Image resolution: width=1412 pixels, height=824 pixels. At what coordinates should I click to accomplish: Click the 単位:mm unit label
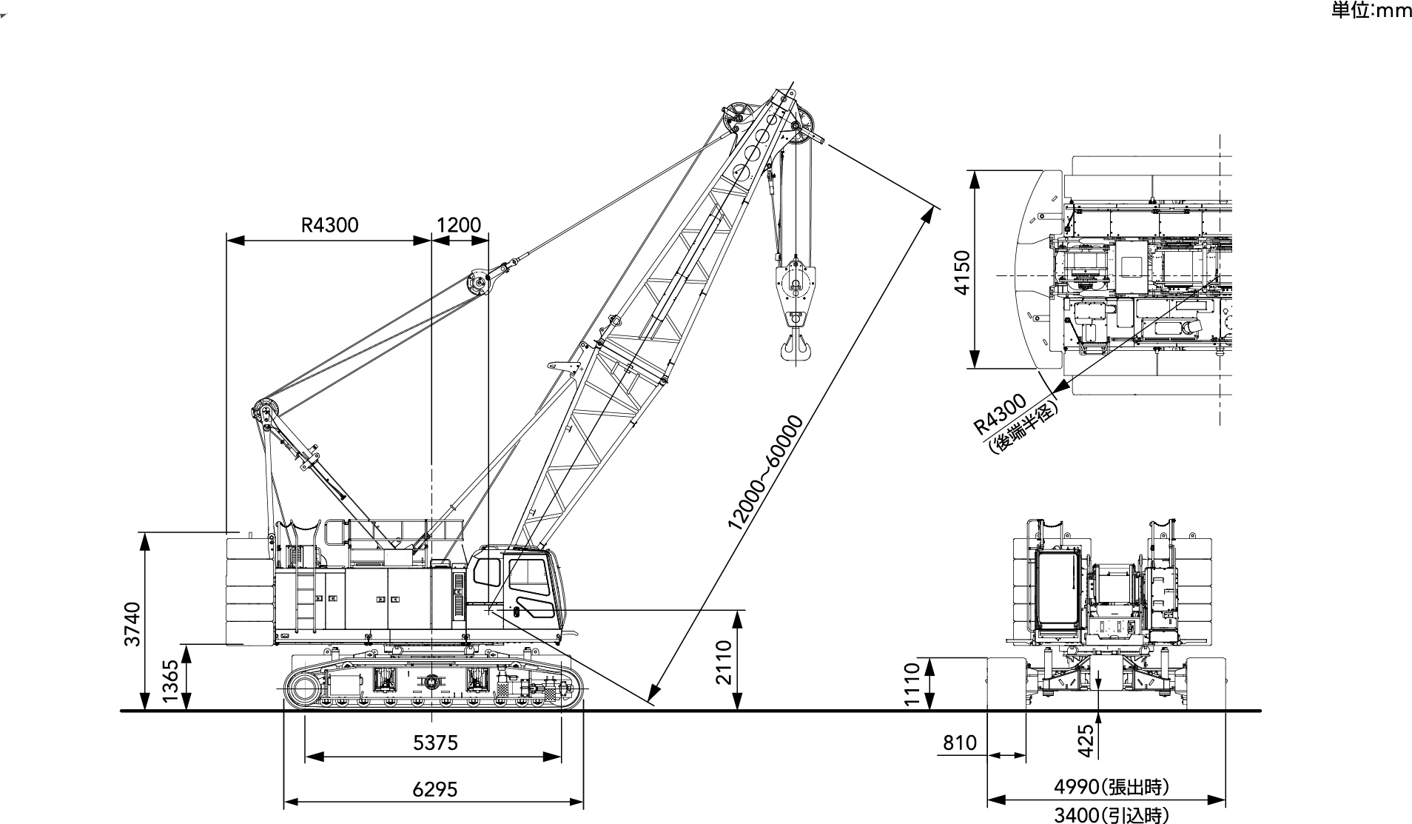coord(1371,10)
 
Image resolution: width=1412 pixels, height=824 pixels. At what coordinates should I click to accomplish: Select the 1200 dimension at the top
coord(459,225)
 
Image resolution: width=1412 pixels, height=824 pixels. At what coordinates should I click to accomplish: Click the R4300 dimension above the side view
coord(329,225)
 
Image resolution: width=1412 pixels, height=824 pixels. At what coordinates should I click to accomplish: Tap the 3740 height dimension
coord(132,623)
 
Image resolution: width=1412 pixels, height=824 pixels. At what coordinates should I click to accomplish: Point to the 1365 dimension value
coord(171,681)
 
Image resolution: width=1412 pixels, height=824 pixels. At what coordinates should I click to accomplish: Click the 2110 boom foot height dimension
coord(723,661)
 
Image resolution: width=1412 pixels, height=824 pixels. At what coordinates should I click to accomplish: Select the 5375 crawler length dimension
coord(435,742)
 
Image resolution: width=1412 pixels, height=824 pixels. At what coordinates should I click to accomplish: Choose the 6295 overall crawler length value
coord(435,789)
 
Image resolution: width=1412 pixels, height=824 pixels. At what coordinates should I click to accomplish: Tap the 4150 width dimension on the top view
coord(961,272)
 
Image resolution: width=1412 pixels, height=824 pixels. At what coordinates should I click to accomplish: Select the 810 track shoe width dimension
coord(960,743)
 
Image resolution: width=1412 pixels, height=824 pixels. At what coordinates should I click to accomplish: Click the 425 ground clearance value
coord(1085,740)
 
